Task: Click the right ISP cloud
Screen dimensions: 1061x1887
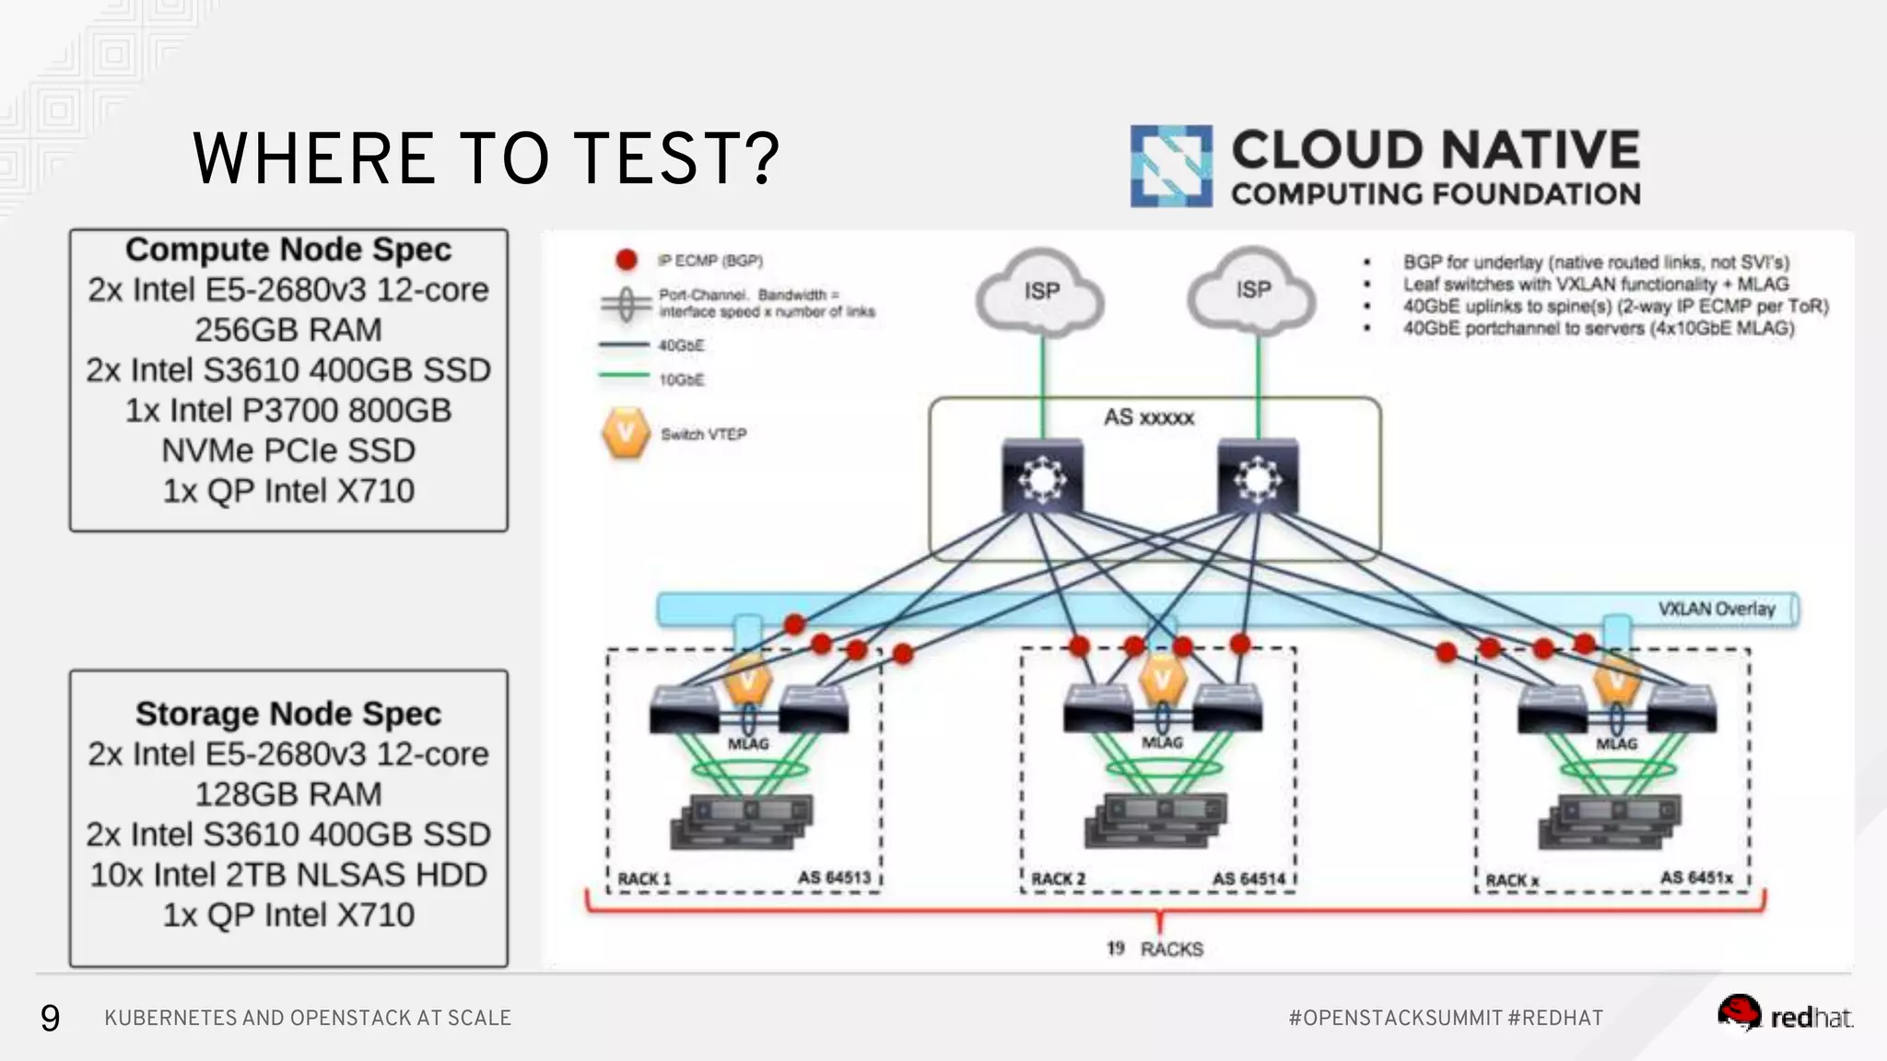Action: pos(1253,290)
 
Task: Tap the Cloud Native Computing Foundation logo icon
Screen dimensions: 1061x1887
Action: pos(1170,166)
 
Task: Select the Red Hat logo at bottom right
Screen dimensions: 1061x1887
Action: pos(1784,1015)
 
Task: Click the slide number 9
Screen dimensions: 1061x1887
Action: pos(50,1018)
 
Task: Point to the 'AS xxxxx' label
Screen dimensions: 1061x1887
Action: pos(1149,417)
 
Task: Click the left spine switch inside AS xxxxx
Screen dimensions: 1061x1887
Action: pos(1042,477)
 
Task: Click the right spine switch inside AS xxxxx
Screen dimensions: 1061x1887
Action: pos(1258,477)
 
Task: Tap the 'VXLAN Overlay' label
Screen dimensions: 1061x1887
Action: pos(1716,609)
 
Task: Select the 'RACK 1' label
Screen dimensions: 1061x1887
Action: pos(644,879)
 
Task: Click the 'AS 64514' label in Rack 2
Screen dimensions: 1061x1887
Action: pos(1248,879)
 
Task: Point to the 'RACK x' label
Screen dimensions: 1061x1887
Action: pos(1512,880)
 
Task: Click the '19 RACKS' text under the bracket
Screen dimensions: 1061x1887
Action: pos(1155,949)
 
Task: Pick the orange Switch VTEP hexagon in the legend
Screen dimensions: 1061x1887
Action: pos(627,432)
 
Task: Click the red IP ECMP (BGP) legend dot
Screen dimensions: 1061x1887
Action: pos(627,261)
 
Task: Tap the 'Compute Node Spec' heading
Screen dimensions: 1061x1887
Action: pos(288,250)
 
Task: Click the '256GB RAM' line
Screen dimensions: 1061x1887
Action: pos(288,330)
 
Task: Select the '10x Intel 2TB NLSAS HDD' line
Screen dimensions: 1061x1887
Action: pos(288,874)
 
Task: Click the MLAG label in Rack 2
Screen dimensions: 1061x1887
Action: pos(1162,742)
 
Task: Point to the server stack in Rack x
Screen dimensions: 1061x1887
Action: pos(1608,822)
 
